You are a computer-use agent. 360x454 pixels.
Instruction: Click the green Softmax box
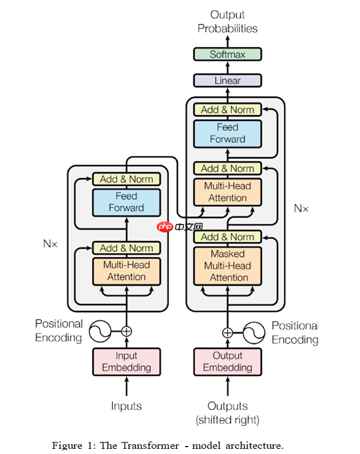[227, 54]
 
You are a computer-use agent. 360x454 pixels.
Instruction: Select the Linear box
[227, 81]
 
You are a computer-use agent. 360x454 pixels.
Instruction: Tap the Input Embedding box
[126, 361]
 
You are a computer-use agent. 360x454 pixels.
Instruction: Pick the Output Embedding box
[227, 361]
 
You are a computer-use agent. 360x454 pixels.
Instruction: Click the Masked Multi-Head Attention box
[227, 266]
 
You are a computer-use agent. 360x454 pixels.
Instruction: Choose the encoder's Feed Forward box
[126, 202]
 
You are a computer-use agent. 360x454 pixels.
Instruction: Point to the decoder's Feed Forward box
[227, 133]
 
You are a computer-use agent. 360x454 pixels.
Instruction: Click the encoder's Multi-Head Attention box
[126, 271]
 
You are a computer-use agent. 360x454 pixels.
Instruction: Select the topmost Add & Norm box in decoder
[227, 109]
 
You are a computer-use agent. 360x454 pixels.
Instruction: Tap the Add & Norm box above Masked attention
[227, 236]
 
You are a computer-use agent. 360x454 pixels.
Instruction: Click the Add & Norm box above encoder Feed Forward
[126, 179]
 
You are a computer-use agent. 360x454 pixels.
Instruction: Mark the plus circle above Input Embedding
[126, 331]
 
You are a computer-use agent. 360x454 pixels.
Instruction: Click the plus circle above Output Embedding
[227, 332]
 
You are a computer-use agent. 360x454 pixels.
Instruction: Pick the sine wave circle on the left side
[99, 331]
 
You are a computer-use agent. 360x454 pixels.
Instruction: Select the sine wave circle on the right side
[255, 332]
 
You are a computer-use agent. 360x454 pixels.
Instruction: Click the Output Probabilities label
[227, 21]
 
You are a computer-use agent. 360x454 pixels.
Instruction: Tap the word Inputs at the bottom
[126, 406]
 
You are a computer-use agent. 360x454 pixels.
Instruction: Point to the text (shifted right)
[227, 420]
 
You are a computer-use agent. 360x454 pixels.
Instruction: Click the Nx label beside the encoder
[50, 243]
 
